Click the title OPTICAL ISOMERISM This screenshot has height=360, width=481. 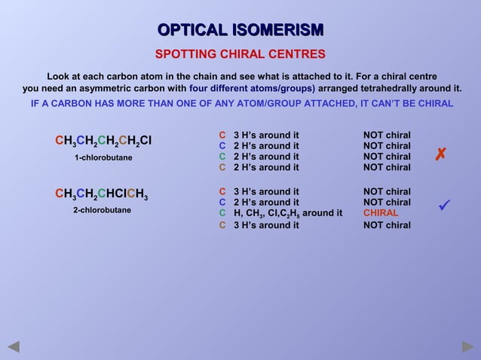(x=240, y=30)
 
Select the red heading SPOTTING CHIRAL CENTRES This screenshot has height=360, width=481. (x=240, y=54)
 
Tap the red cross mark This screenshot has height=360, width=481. (x=441, y=155)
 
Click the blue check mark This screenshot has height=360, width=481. (x=445, y=205)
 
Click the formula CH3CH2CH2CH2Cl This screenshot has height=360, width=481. (x=103, y=141)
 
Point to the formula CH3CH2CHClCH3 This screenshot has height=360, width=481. (x=102, y=194)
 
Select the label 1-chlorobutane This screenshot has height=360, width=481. (x=103, y=157)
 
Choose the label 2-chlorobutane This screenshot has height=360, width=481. (x=102, y=210)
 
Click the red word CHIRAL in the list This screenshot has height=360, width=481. (x=381, y=213)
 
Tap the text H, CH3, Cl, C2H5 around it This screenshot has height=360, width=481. (x=288, y=213)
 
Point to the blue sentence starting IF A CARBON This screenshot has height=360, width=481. (x=241, y=103)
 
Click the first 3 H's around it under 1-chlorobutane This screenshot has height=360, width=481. (x=266, y=136)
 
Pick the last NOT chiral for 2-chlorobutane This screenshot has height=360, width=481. (x=387, y=224)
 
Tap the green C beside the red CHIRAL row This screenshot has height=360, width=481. (x=222, y=213)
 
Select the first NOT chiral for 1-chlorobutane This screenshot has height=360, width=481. (x=387, y=136)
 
